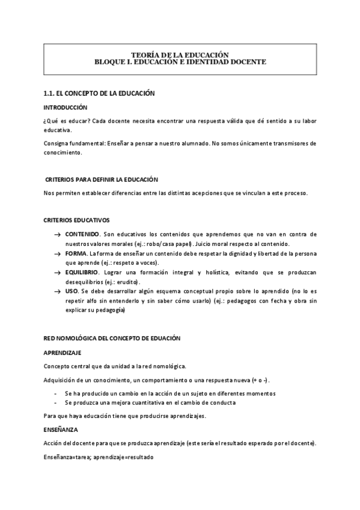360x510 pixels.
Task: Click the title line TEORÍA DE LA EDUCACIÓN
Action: [180, 55]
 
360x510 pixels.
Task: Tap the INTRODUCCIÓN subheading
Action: [66, 107]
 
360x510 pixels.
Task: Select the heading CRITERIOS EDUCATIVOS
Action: [77, 220]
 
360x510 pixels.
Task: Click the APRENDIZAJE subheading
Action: [63, 352]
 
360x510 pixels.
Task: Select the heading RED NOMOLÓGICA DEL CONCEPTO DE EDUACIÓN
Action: [112, 339]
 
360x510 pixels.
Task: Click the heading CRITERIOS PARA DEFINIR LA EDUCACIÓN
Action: [102, 180]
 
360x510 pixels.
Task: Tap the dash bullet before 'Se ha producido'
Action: [55, 393]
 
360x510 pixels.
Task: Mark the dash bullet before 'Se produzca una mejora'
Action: [55, 402]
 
